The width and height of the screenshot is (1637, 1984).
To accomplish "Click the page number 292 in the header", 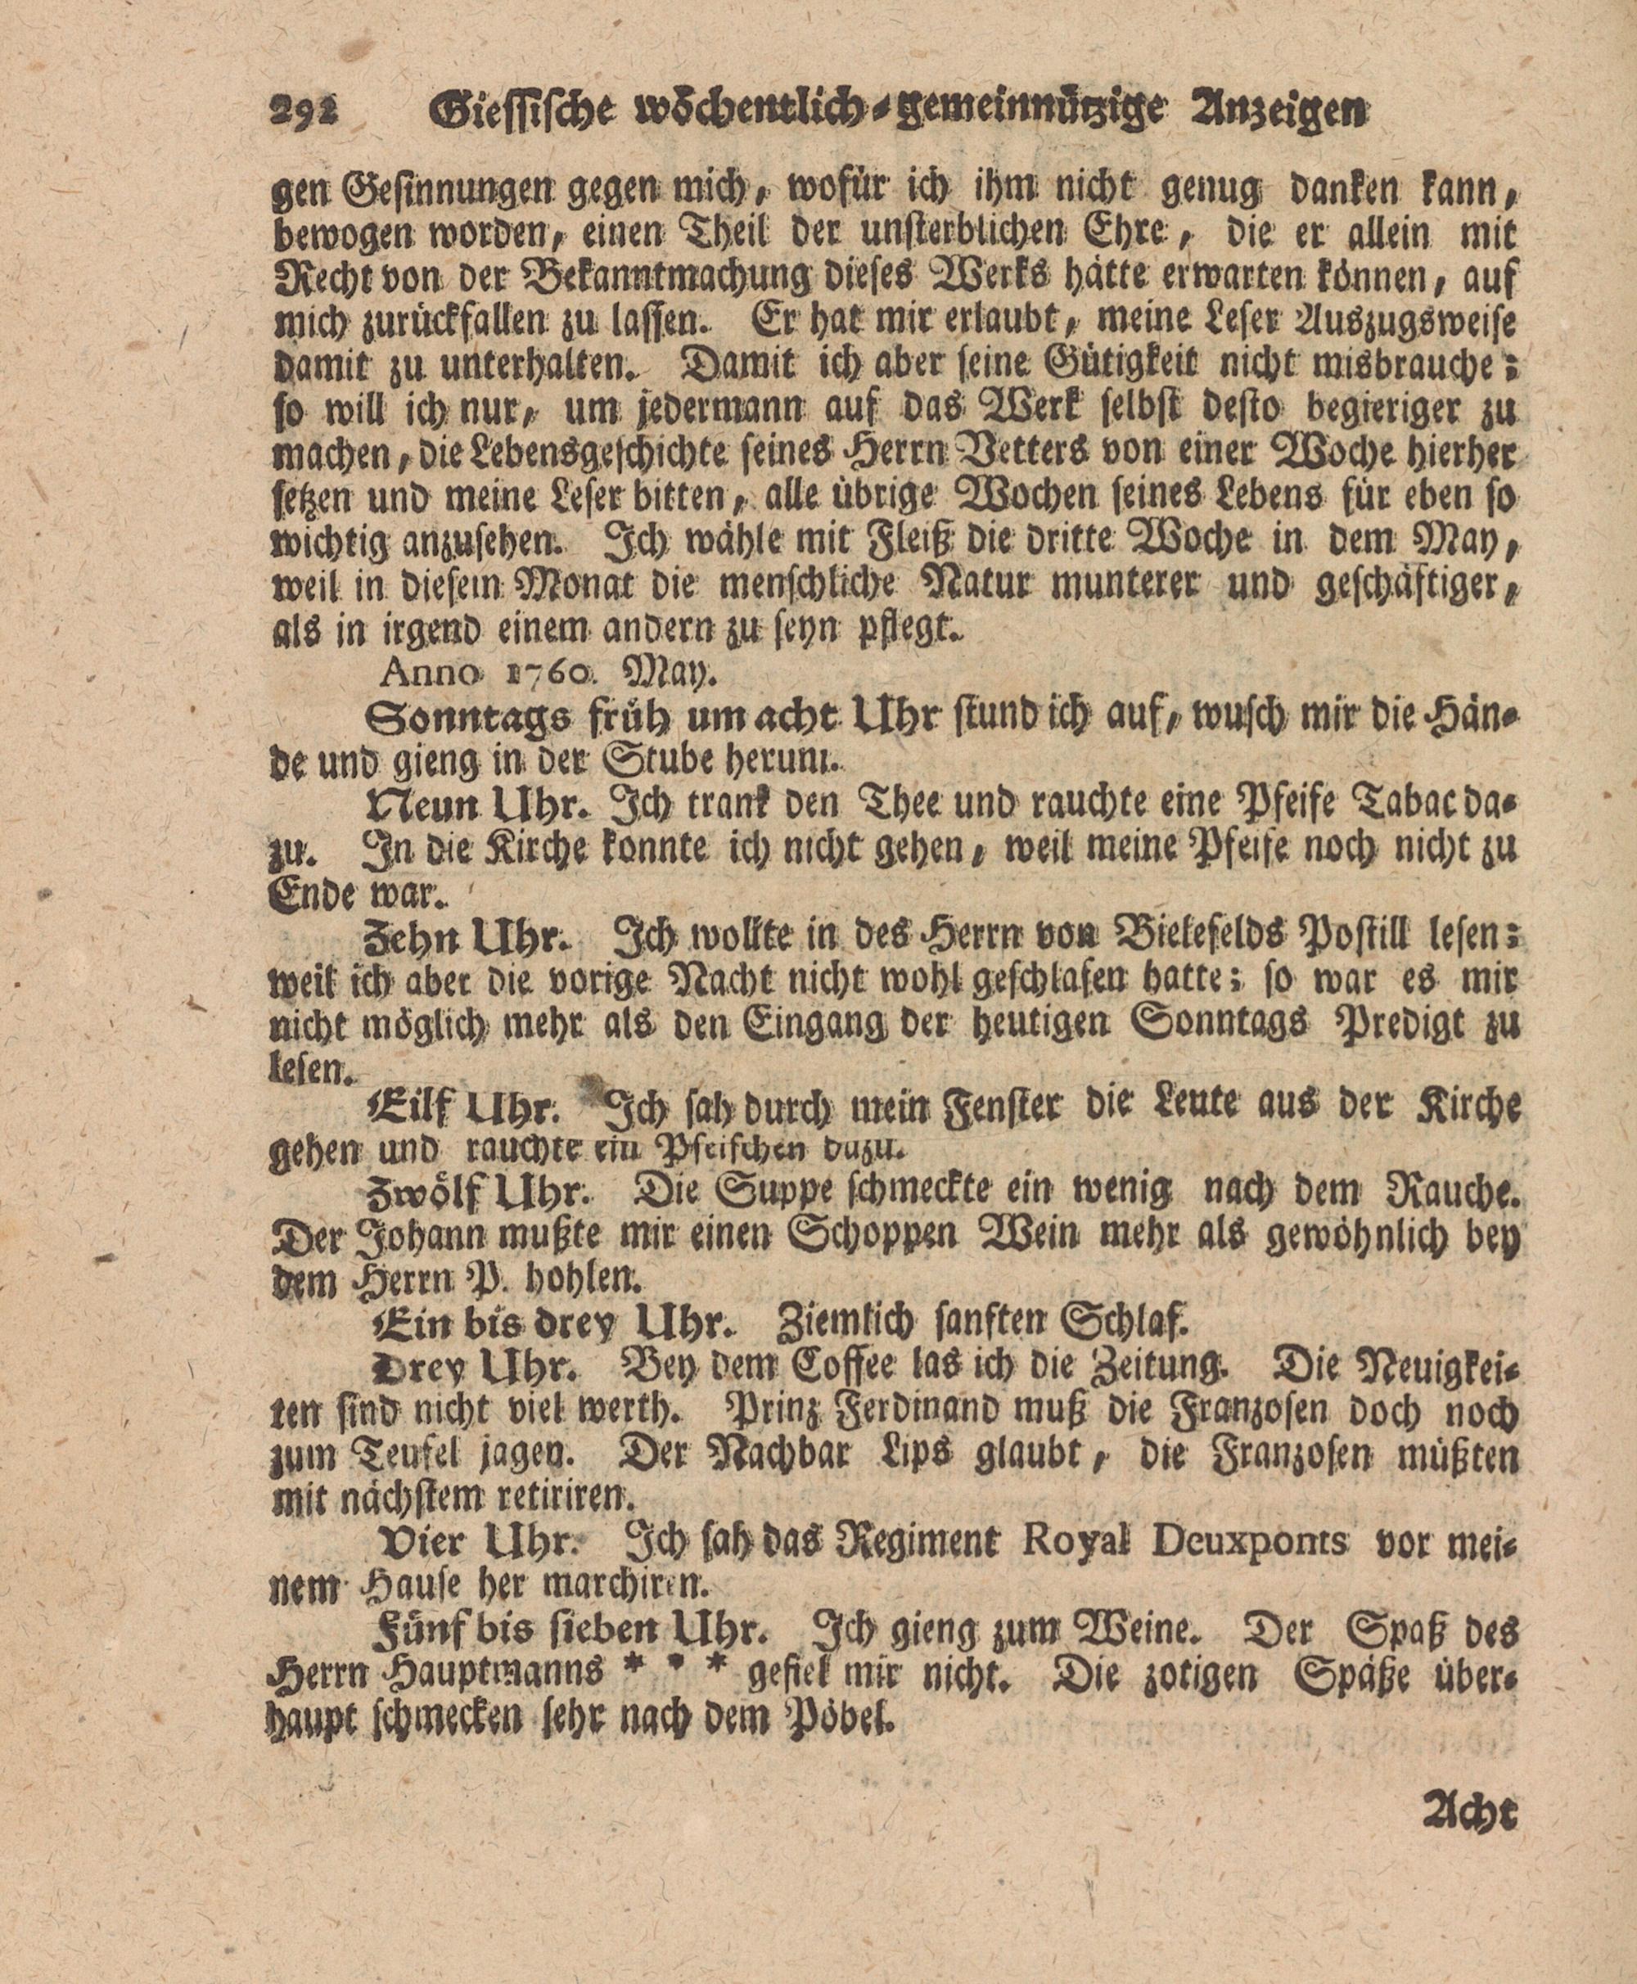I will [309, 115].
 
